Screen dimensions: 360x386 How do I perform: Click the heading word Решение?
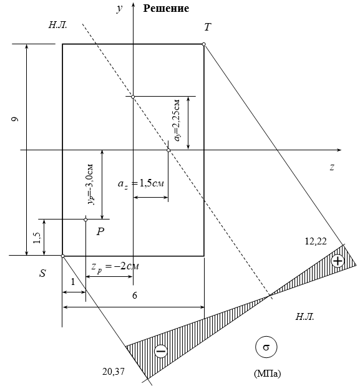(166, 8)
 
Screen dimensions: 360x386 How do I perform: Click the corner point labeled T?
(204, 44)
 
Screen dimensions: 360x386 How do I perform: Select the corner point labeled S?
(63, 256)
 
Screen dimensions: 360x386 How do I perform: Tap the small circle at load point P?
(85, 220)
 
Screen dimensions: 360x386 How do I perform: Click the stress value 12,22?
(316, 241)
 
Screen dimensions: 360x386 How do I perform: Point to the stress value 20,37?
(114, 372)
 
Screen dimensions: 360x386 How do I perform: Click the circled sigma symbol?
(266, 347)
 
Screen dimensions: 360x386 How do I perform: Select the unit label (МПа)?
(267, 374)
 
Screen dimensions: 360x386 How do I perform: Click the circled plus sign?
(338, 261)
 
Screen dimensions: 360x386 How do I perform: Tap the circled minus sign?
(161, 350)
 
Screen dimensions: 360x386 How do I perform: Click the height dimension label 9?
(15, 119)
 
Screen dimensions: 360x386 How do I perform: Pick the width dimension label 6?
(134, 296)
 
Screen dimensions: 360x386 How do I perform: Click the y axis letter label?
(119, 8)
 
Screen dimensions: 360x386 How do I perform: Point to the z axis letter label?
(332, 167)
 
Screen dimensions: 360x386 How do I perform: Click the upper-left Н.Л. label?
(57, 25)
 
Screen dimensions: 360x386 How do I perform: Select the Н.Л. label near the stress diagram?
(305, 317)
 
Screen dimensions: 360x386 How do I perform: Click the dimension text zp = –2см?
(115, 267)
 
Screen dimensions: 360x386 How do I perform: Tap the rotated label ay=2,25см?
(177, 120)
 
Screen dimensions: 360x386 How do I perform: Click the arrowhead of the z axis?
(339, 150)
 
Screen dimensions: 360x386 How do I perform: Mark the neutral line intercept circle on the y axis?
(133, 97)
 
